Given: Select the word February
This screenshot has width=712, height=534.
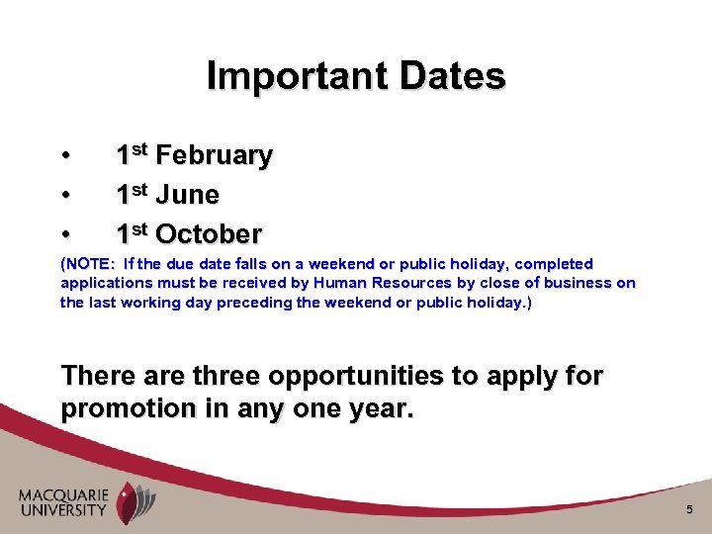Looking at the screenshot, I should (x=214, y=156).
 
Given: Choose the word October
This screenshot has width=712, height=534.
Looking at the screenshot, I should (x=209, y=234).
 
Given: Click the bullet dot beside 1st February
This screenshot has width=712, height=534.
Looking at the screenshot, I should (x=65, y=156).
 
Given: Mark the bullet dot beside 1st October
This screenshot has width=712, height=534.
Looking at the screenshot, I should (x=65, y=235).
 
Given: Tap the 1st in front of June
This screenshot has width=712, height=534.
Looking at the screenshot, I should (x=132, y=194).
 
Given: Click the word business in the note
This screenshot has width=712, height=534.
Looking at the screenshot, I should (x=566, y=283).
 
